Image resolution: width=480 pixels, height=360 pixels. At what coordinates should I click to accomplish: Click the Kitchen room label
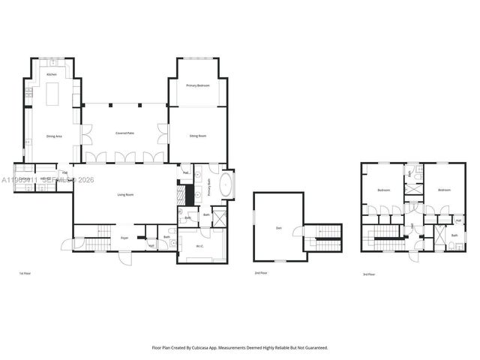click(x=52, y=75)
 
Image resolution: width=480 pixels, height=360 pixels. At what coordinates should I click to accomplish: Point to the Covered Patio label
click(x=124, y=133)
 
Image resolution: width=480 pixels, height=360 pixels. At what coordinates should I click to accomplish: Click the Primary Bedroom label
click(x=198, y=86)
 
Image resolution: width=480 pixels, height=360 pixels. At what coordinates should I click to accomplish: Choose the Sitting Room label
click(x=198, y=136)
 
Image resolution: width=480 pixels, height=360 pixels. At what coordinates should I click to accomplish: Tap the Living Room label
click(x=125, y=194)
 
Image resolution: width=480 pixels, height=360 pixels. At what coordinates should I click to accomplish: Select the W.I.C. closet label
click(x=200, y=245)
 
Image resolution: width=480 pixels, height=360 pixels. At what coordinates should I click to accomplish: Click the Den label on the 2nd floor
click(x=279, y=228)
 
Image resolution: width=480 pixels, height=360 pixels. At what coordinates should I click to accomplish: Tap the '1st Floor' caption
click(x=25, y=274)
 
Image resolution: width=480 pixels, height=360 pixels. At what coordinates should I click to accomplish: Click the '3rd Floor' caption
click(x=368, y=274)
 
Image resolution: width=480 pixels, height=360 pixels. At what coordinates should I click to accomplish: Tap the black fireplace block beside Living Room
click(x=190, y=193)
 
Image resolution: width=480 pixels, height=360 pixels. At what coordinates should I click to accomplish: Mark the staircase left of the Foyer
click(x=95, y=243)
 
